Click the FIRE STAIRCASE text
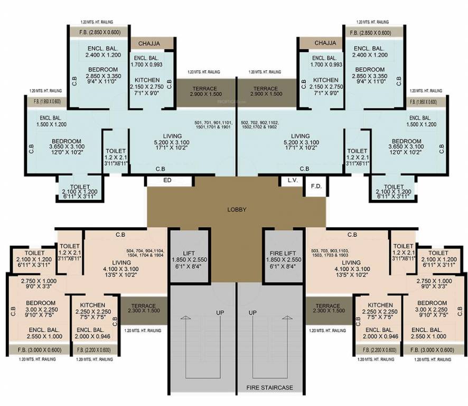270,387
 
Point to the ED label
167,180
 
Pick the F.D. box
316,187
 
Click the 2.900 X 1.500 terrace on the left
205,91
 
